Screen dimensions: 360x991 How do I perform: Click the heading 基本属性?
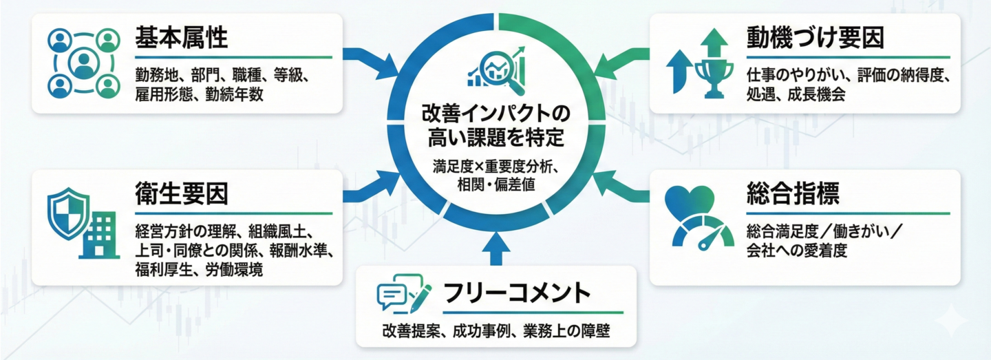pyautogui.click(x=182, y=39)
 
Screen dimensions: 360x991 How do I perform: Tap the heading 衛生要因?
pyautogui.click(x=182, y=195)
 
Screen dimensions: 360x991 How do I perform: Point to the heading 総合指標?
pyautogui.click(x=792, y=194)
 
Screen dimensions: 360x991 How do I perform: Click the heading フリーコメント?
pyautogui.click(x=517, y=293)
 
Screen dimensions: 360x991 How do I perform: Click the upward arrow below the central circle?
pyautogui.click(x=495, y=248)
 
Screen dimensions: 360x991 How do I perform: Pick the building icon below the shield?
pyautogui.click(x=98, y=235)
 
